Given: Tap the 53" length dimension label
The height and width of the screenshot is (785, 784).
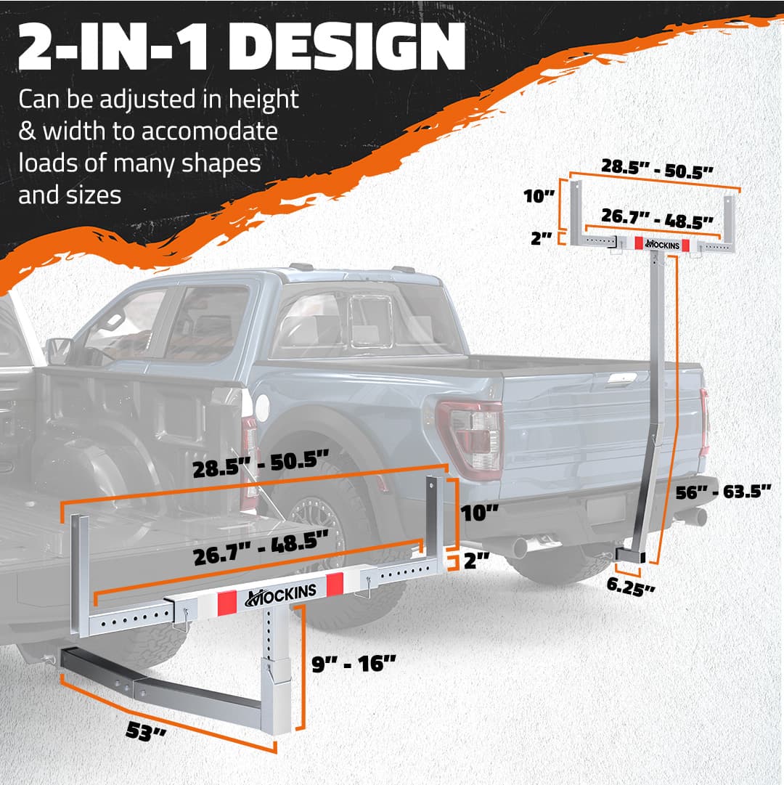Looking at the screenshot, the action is click(146, 731).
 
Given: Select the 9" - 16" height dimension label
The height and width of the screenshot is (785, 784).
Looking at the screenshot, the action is click(354, 664).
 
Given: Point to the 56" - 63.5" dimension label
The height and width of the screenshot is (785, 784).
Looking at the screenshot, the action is click(723, 492).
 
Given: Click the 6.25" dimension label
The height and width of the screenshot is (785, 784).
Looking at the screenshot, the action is click(630, 587).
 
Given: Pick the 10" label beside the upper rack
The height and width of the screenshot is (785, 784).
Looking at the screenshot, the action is click(539, 196).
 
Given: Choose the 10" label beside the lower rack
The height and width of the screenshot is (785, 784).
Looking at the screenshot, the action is click(480, 513).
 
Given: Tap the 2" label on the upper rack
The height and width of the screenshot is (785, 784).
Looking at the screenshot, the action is click(542, 238).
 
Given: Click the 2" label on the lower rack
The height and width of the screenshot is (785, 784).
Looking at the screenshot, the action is click(476, 560).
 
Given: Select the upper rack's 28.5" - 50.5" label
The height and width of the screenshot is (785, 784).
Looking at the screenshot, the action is click(657, 168).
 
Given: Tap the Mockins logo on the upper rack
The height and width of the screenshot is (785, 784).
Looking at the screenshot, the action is click(662, 244).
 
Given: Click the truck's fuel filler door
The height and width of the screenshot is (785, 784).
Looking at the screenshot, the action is click(262, 407).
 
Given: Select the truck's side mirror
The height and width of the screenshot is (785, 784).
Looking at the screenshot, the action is click(59, 351).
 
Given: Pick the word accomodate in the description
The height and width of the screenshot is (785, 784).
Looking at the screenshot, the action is click(210, 131).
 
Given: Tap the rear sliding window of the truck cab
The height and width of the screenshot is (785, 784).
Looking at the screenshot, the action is click(371, 322).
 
